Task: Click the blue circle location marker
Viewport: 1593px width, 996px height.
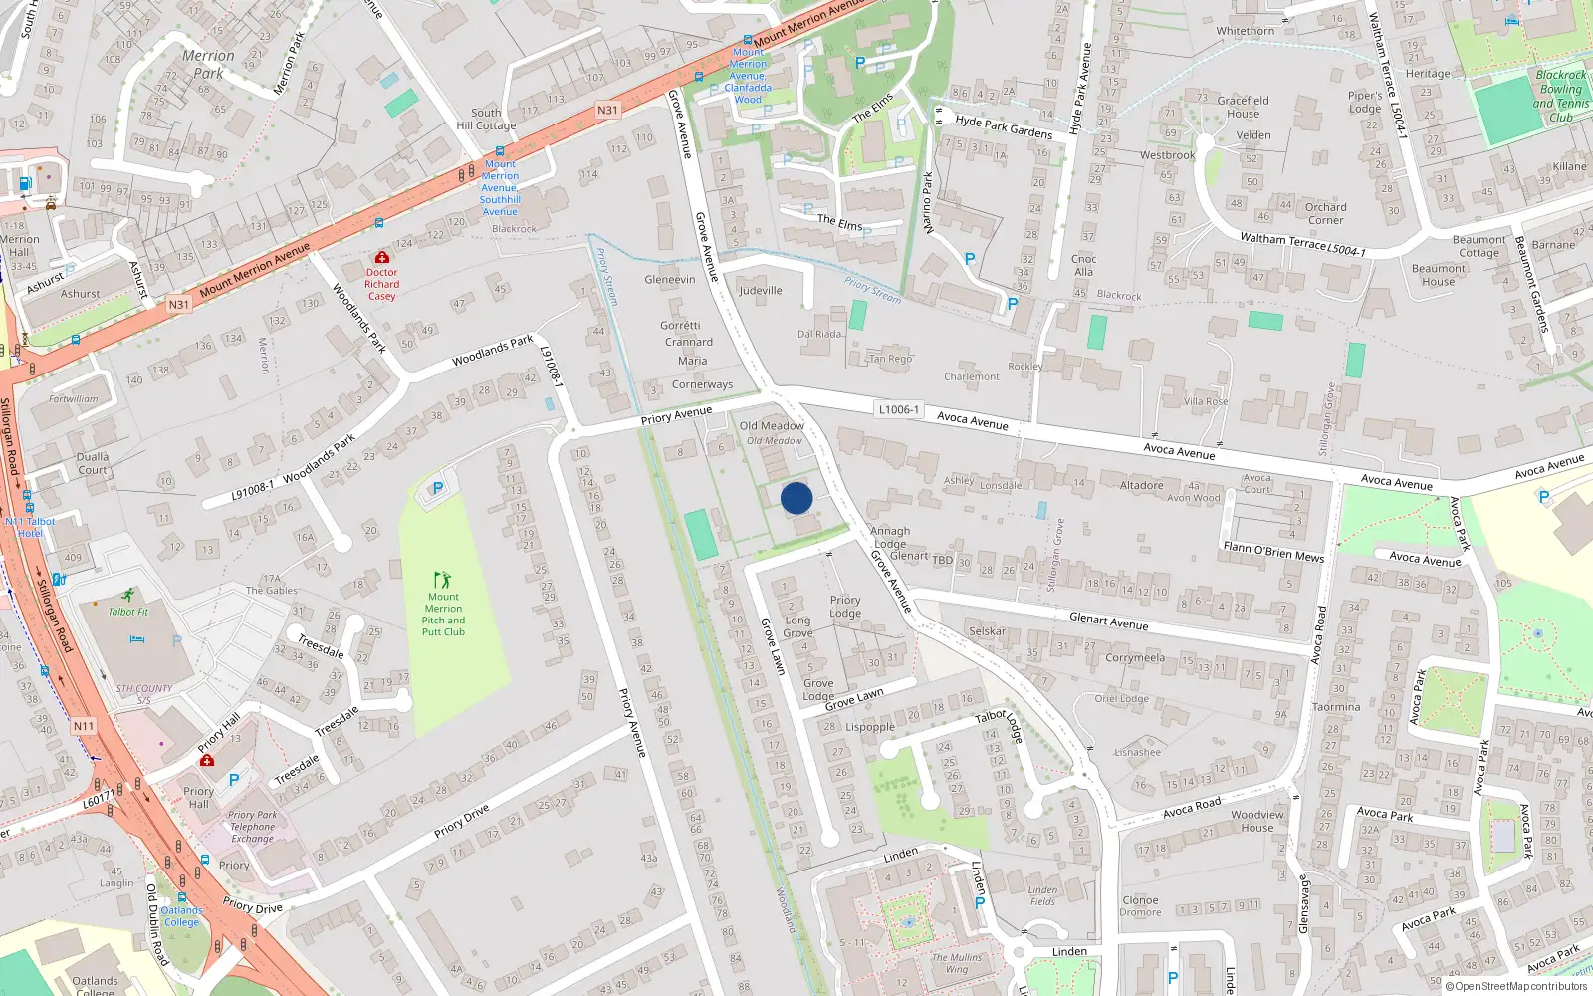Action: coord(796,498)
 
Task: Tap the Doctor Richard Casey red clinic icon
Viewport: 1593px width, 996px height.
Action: coord(381,257)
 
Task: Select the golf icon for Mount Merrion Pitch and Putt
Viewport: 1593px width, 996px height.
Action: coord(443,579)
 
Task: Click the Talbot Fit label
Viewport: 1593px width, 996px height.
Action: coord(128,612)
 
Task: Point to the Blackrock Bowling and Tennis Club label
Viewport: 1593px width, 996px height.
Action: coord(1560,96)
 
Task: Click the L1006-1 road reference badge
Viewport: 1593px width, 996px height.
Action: coord(899,409)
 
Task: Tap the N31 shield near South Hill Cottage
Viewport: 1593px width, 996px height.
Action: coord(607,110)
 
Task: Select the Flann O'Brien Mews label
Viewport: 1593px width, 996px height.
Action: coord(1273,552)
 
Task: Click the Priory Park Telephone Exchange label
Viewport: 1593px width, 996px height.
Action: coord(253,827)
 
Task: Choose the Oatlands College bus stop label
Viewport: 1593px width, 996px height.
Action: coord(181,916)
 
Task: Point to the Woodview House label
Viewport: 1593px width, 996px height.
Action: coord(1257,821)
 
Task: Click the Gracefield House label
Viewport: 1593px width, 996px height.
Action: coord(1243,107)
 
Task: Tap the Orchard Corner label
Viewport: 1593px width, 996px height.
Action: coord(1325,213)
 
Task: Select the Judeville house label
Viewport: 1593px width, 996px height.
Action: coord(761,290)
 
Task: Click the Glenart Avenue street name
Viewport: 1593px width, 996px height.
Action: coord(1108,621)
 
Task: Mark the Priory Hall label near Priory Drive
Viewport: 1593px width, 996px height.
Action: coord(198,797)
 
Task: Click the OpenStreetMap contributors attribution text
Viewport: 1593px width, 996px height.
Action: coord(1520,987)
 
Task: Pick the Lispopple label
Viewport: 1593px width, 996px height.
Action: coord(870,727)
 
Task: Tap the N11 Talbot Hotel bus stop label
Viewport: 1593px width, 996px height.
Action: coord(30,527)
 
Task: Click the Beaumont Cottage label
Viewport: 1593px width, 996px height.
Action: coord(1479,246)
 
